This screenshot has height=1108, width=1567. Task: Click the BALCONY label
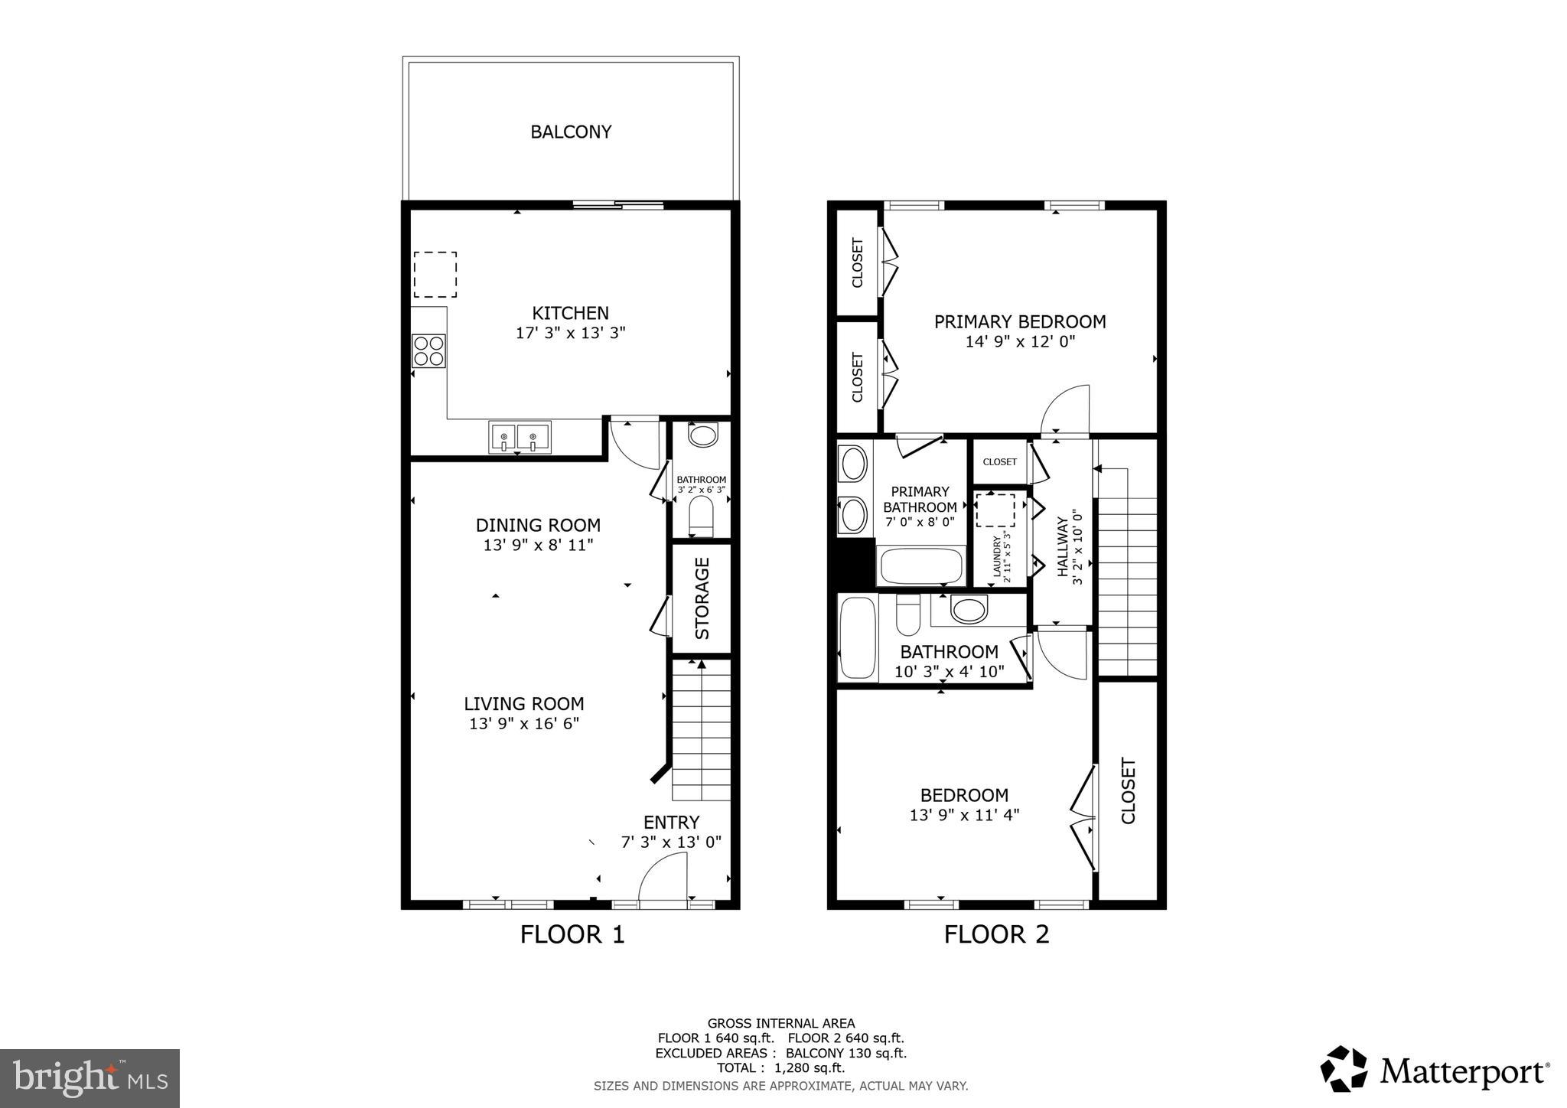(x=571, y=132)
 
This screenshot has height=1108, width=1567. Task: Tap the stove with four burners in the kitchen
(x=428, y=350)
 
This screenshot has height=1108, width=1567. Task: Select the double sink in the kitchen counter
(x=519, y=438)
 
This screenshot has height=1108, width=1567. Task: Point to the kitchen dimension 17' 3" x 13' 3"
(x=570, y=333)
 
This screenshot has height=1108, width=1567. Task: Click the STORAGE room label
(x=702, y=598)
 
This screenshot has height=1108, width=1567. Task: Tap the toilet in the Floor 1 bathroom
(x=701, y=515)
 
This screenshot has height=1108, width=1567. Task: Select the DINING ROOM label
(x=538, y=525)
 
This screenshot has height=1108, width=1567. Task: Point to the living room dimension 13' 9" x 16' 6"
(x=524, y=723)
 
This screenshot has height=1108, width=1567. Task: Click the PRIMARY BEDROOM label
(x=1019, y=321)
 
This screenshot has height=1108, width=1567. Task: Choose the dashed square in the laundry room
(x=995, y=510)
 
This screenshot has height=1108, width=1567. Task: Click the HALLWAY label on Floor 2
(x=1062, y=546)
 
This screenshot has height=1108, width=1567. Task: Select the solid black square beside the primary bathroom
(x=855, y=562)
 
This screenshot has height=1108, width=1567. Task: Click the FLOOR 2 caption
(x=996, y=934)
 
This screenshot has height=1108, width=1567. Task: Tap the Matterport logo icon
(x=1344, y=1069)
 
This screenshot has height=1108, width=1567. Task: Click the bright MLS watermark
(x=90, y=1078)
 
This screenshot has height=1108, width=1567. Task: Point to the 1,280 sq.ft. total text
(x=810, y=1068)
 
